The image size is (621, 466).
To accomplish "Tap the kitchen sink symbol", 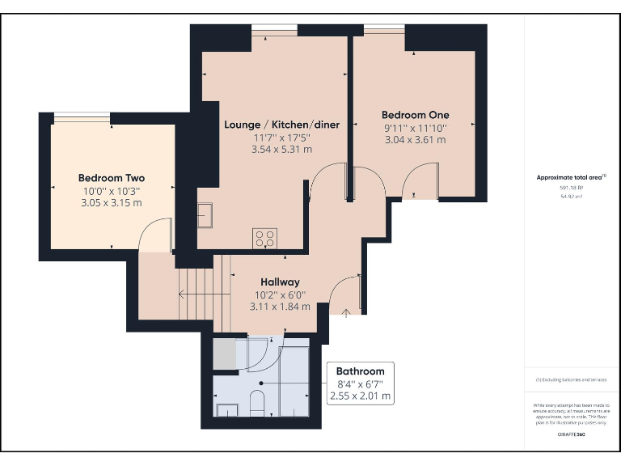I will [x=206, y=216].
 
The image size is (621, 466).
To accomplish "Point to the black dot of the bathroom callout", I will [x=261, y=383].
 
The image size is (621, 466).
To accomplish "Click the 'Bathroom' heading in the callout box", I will [x=360, y=371].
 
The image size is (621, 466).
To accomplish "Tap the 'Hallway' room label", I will [x=280, y=282].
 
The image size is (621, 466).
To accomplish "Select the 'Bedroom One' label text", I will [x=415, y=115].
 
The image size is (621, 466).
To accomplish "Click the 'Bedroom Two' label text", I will [x=111, y=177].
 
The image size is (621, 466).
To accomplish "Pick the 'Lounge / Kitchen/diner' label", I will [x=281, y=125].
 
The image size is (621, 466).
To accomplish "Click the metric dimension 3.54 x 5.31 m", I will [x=281, y=149].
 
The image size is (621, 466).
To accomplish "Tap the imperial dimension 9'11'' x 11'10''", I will [x=415, y=128].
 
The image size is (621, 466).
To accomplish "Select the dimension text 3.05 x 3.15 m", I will [x=111, y=202].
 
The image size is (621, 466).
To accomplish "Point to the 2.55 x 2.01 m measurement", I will [x=360, y=396].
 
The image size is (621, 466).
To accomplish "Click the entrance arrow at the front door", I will [x=345, y=311].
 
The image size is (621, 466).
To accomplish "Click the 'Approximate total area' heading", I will [x=570, y=177].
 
